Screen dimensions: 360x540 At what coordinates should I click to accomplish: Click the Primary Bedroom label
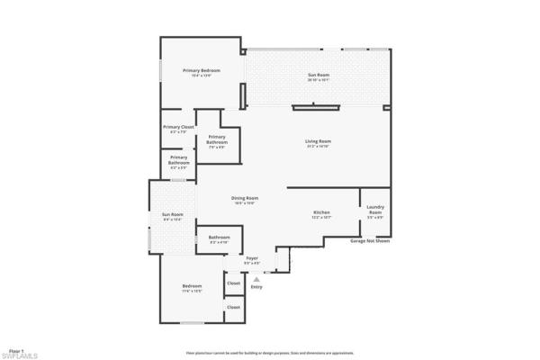[202, 70]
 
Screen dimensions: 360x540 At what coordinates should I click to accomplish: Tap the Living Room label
[319, 141]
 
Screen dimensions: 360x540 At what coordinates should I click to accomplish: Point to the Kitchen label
[322, 212]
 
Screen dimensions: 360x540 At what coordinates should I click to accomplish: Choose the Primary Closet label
[178, 127]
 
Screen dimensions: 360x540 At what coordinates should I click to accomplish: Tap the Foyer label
[252, 258]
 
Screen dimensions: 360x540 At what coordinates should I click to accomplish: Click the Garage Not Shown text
[370, 241]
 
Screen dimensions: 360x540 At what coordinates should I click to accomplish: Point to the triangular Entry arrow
[256, 279]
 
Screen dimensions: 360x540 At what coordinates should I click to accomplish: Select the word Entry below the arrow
[256, 287]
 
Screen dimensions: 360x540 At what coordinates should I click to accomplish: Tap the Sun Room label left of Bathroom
[172, 214]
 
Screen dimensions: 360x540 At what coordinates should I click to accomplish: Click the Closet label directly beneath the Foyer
[233, 283]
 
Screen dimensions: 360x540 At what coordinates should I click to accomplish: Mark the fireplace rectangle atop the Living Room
[315, 107]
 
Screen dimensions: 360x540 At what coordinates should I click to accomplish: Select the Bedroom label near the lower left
[191, 287]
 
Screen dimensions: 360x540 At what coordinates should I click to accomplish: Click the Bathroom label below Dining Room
[220, 238]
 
